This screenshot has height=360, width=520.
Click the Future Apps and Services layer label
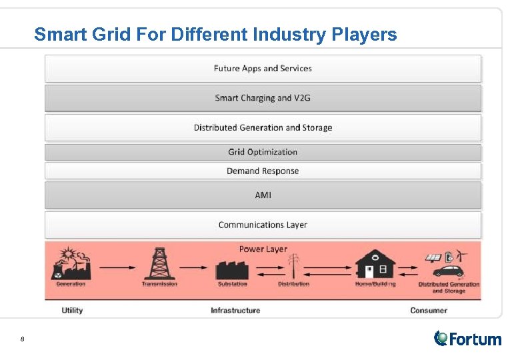click(x=263, y=68)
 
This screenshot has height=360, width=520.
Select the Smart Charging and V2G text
click(x=263, y=98)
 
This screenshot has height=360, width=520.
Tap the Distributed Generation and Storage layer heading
click(x=263, y=127)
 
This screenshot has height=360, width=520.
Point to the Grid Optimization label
click(x=263, y=152)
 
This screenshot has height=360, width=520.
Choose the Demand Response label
click(x=263, y=171)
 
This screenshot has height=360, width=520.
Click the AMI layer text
click(x=263, y=195)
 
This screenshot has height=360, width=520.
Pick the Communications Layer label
click(x=263, y=225)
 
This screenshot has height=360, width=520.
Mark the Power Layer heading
click(x=263, y=249)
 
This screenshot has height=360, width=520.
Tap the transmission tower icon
click(x=159, y=264)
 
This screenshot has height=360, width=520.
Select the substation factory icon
click(x=232, y=268)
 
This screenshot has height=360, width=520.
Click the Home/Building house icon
click(x=375, y=265)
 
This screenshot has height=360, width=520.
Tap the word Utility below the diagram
click(x=72, y=310)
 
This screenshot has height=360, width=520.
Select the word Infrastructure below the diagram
click(x=235, y=310)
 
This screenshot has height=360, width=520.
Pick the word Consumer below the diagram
click(x=428, y=310)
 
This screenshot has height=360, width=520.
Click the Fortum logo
click(x=467, y=339)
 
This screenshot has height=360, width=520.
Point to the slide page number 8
click(x=22, y=340)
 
